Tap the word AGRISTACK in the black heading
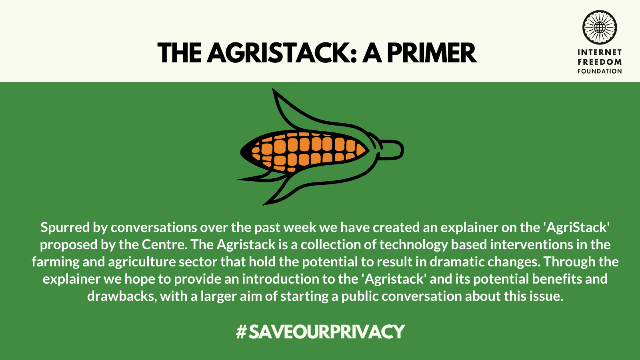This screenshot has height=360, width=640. [282, 53]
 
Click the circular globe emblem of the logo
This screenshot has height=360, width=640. [600, 28]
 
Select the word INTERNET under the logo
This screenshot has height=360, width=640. [600, 52]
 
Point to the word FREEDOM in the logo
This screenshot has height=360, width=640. [600, 62]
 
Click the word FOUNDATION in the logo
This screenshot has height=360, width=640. [600, 71]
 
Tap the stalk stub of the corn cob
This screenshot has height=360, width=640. [392, 150]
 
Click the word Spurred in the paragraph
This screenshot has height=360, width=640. [65, 228]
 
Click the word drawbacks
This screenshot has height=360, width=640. [122, 296]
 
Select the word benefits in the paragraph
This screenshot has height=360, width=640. [557, 279]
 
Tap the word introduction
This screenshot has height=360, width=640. [280, 279]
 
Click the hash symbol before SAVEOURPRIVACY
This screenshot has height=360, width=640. [241, 332]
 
